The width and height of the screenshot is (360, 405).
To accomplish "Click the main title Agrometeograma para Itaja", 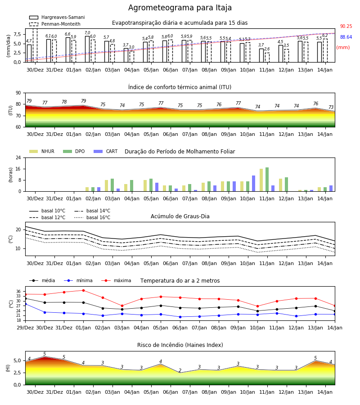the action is coord(180,8).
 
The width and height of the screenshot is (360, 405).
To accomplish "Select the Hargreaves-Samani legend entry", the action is coord(57,17).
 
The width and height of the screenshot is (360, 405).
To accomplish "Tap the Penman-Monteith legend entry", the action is coord(55,24).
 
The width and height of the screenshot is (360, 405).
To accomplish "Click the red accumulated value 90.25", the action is coord(346,27).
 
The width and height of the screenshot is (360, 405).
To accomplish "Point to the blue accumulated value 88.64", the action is coord(346,37).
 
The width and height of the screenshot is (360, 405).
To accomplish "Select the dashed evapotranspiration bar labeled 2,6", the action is coord(267,58).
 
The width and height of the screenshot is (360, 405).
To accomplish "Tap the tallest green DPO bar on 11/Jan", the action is coord(267,180).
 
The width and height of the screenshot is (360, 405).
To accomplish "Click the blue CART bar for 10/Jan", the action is coord(254,184).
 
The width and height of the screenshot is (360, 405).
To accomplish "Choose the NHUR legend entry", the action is coord(42,151).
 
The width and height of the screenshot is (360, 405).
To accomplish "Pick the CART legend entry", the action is coord(106,151).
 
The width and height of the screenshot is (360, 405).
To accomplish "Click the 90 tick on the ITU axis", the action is coord(18,93).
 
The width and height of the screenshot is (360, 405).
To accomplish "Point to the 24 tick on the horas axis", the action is coord(18,157).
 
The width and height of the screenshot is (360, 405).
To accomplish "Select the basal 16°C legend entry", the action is coord(92,217).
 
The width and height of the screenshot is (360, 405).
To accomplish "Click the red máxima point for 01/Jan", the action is coord(83,290).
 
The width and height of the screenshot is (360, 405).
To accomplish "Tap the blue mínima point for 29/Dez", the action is coord(26,304).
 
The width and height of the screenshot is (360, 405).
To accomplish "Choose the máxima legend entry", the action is coord(116,280).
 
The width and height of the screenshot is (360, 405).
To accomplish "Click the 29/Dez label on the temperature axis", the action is coord(25,328).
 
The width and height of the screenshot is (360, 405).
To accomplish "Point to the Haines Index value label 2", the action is coord(180,370).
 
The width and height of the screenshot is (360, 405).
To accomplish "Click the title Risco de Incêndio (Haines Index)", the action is coord(180,345).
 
